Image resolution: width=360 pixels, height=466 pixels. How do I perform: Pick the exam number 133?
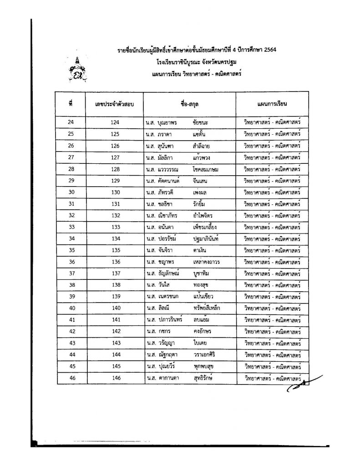pyautogui.click(x=115, y=227)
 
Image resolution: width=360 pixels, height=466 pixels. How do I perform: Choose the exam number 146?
pyautogui.click(x=115, y=378)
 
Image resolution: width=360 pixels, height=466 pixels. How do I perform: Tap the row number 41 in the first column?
pyautogui.click(x=71, y=320)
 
